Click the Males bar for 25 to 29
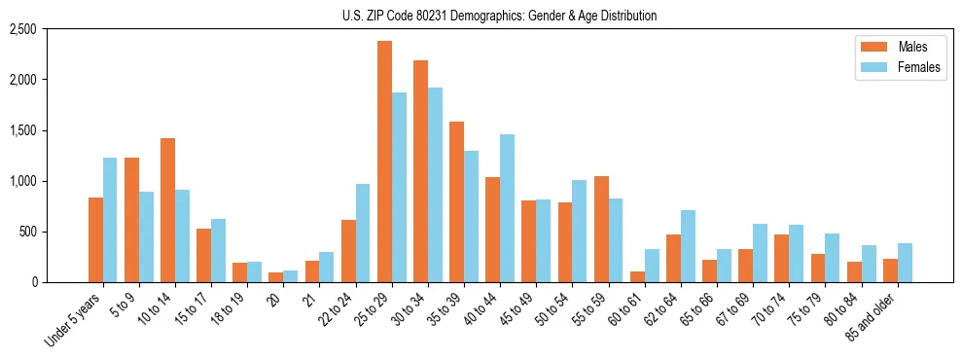pyautogui.click(x=384, y=162)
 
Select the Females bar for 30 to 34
pyautogui.click(x=435, y=185)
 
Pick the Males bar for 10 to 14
pyautogui.click(x=167, y=210)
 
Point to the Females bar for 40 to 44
pyautogui.click(x=507, y=208)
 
